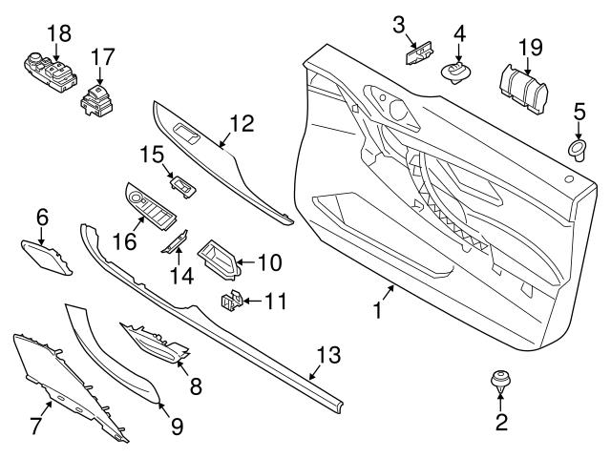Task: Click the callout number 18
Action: point(58,33)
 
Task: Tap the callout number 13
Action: point(327,355)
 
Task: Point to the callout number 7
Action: point(35,426)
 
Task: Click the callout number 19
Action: point(529,46)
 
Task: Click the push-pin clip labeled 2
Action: point(498,382)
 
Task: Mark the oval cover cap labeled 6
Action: point(44,258)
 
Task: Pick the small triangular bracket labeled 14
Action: point(175,249)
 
